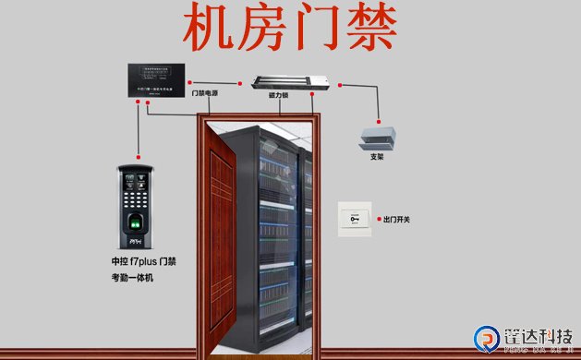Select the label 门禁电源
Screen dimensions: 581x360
[x=204, y=93]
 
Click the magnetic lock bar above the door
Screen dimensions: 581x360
[x=291, y=81]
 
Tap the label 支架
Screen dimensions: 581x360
[x=377, y=157]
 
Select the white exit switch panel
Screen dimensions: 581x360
[x=353, y=218]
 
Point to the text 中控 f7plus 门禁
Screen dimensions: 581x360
[x=143, y=262]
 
